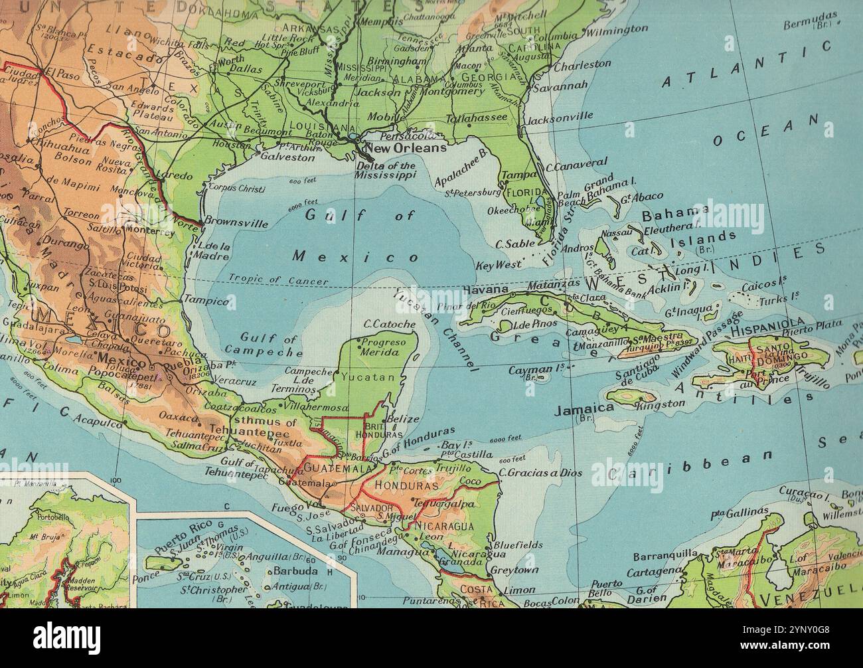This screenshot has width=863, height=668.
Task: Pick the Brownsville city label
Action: (237, 223)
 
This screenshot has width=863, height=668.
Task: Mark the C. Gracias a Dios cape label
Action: (540, 473)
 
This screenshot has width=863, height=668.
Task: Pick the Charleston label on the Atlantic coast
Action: (582, 65)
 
